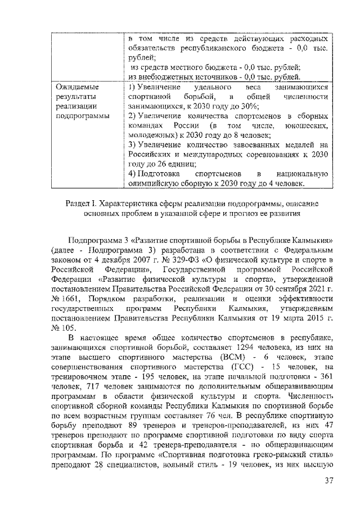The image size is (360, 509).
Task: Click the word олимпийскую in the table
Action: coord(156,183)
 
